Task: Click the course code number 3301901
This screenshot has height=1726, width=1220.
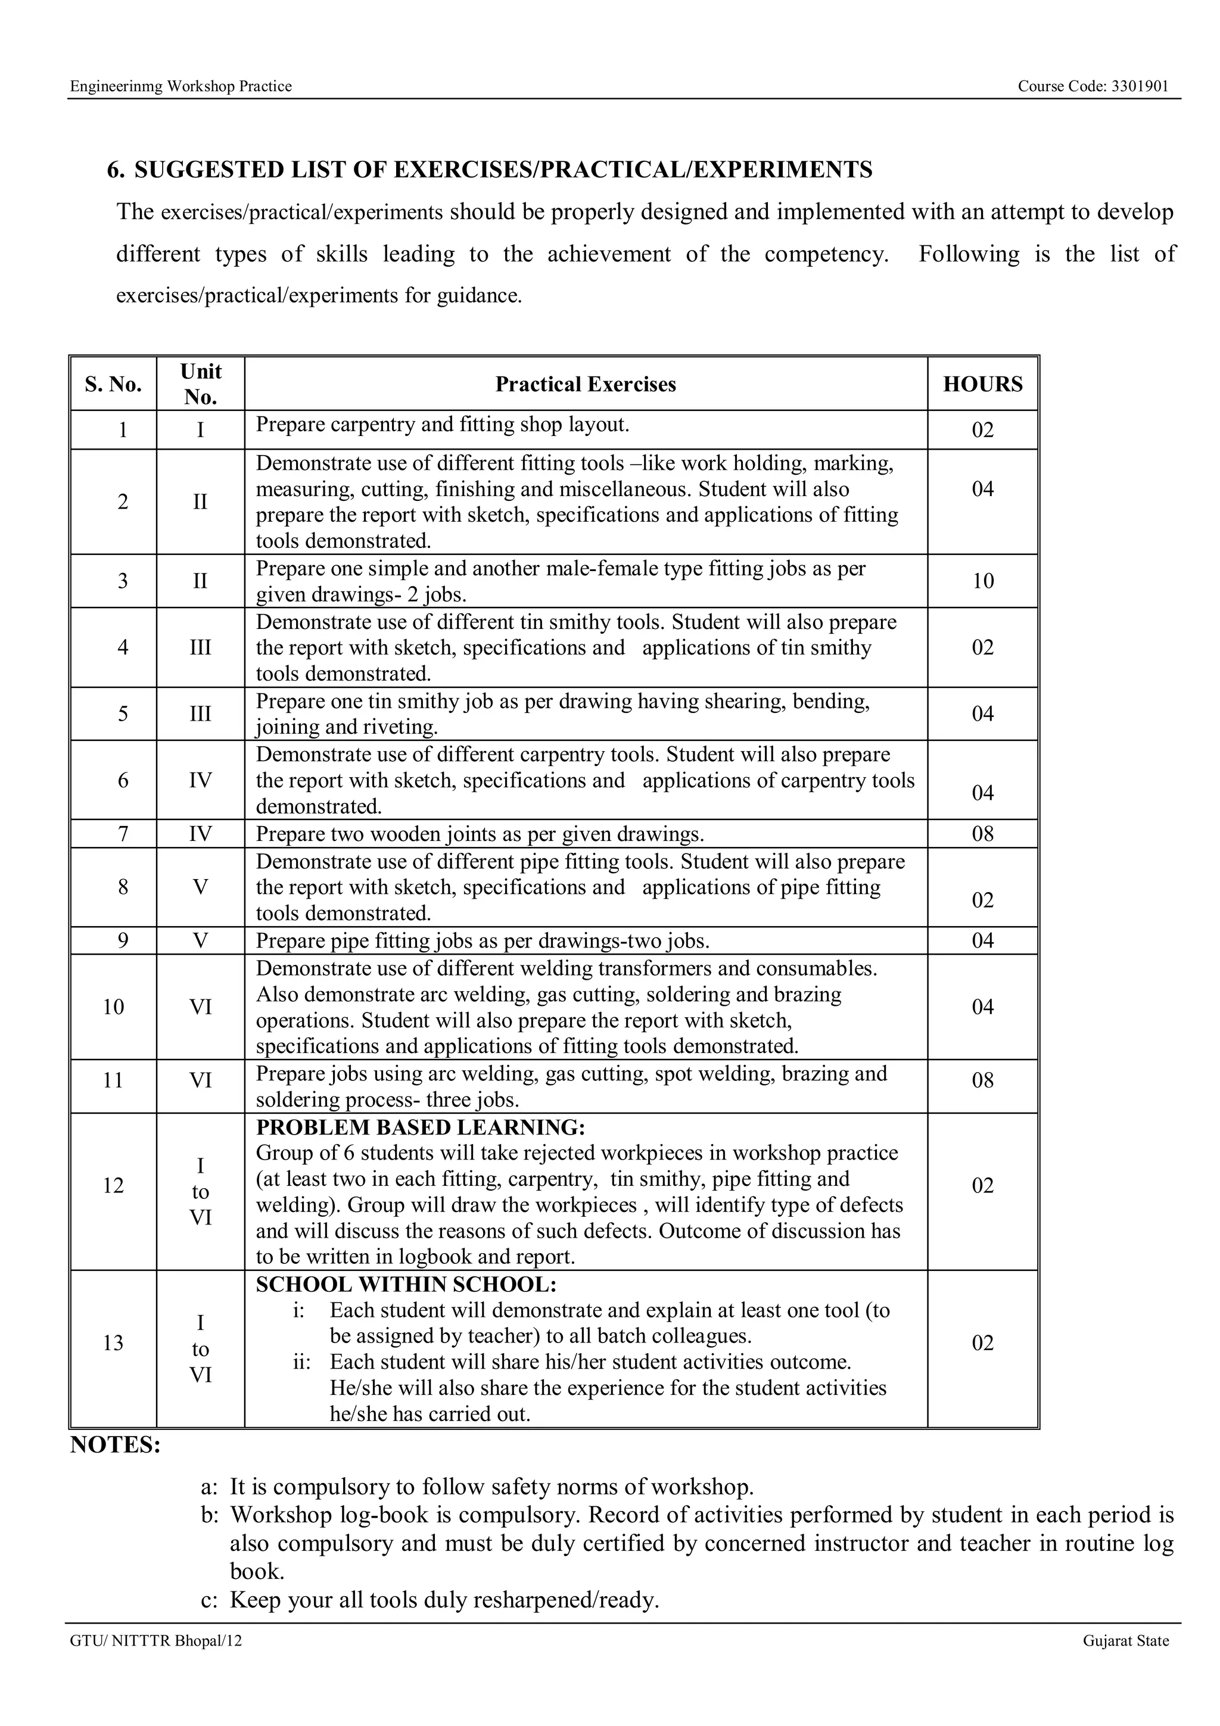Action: click(1140, 86)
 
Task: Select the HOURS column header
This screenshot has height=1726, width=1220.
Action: click(982, 384)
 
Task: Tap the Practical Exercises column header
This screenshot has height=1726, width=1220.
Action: click(586, 384)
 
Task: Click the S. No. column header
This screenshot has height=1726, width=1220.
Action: click(114, 384)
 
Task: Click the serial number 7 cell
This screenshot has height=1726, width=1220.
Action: click(123, 833)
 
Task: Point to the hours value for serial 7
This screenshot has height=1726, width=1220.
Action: click(982, 833)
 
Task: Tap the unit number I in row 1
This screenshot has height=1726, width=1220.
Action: click(200, 430)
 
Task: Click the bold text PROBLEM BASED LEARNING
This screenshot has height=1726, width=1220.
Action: click(420, 1127)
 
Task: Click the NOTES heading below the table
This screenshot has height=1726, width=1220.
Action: click(115, 1445)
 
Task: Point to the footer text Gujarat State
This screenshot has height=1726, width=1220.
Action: click(1125, 1640)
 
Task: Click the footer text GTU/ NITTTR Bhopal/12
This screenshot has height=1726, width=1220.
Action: click(156, 1640)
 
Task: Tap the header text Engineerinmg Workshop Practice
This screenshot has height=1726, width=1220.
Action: click(180, 86)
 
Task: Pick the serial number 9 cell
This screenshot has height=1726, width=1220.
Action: click(123, 940)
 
